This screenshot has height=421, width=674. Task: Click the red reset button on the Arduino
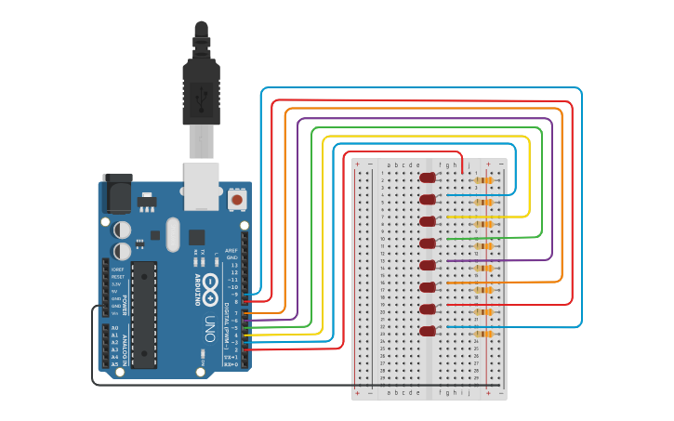pyautogui.click(x=237, y=199)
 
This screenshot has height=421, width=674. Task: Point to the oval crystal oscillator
pyautogui.click(x=172, y=234)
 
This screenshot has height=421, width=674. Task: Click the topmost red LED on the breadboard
pyautogui.click(x=428, y=178)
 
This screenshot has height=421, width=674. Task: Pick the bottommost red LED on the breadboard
pyautogui.click(x=428, y=331)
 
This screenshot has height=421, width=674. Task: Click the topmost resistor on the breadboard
pyautogui.click(x=483, y=180)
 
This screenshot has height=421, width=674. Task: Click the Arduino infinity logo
pyautogui.click(x=211, y=283)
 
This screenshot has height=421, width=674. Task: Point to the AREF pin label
pyautogui.click(x=231, y=250)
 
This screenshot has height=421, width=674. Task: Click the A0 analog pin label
pyautogui.click(x=114, y=328)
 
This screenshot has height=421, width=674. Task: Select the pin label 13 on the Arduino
pyautogui.click(x=233, y=265)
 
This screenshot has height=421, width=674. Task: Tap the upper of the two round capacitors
pyautogui.click(x=123, y=229)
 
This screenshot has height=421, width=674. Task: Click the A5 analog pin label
pyautogui.click(x=114, y=364)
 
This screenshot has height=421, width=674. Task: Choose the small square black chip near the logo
pyautogui.click(x=196, y=237)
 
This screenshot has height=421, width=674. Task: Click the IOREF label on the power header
pyautogui.click(x=117, y=269)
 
